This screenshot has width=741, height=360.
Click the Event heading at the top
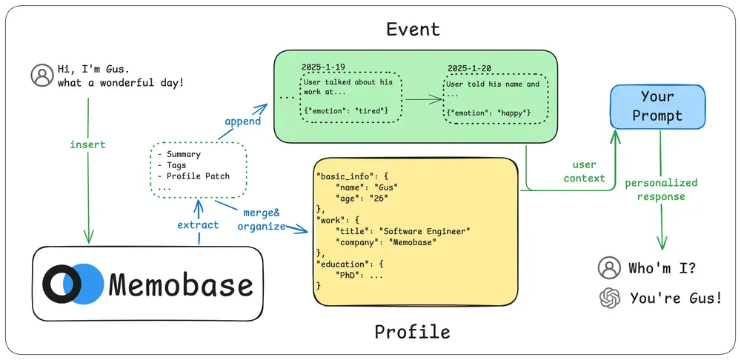click(413, 29)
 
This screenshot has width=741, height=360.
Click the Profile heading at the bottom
click(412, 330)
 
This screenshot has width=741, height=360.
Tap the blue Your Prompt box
click(647, 106)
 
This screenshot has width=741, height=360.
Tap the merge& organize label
click(261, 220)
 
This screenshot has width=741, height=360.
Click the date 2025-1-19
click(322, 67)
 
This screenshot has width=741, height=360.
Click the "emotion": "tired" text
click(345, 110)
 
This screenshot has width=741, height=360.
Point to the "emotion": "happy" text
click(490, 112)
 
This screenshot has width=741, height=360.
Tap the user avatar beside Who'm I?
click(609, 267)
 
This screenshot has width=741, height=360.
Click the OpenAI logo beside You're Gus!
click(609, 298)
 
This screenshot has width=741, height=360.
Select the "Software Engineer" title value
click(425, 231)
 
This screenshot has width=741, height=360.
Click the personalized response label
click(661, 190)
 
